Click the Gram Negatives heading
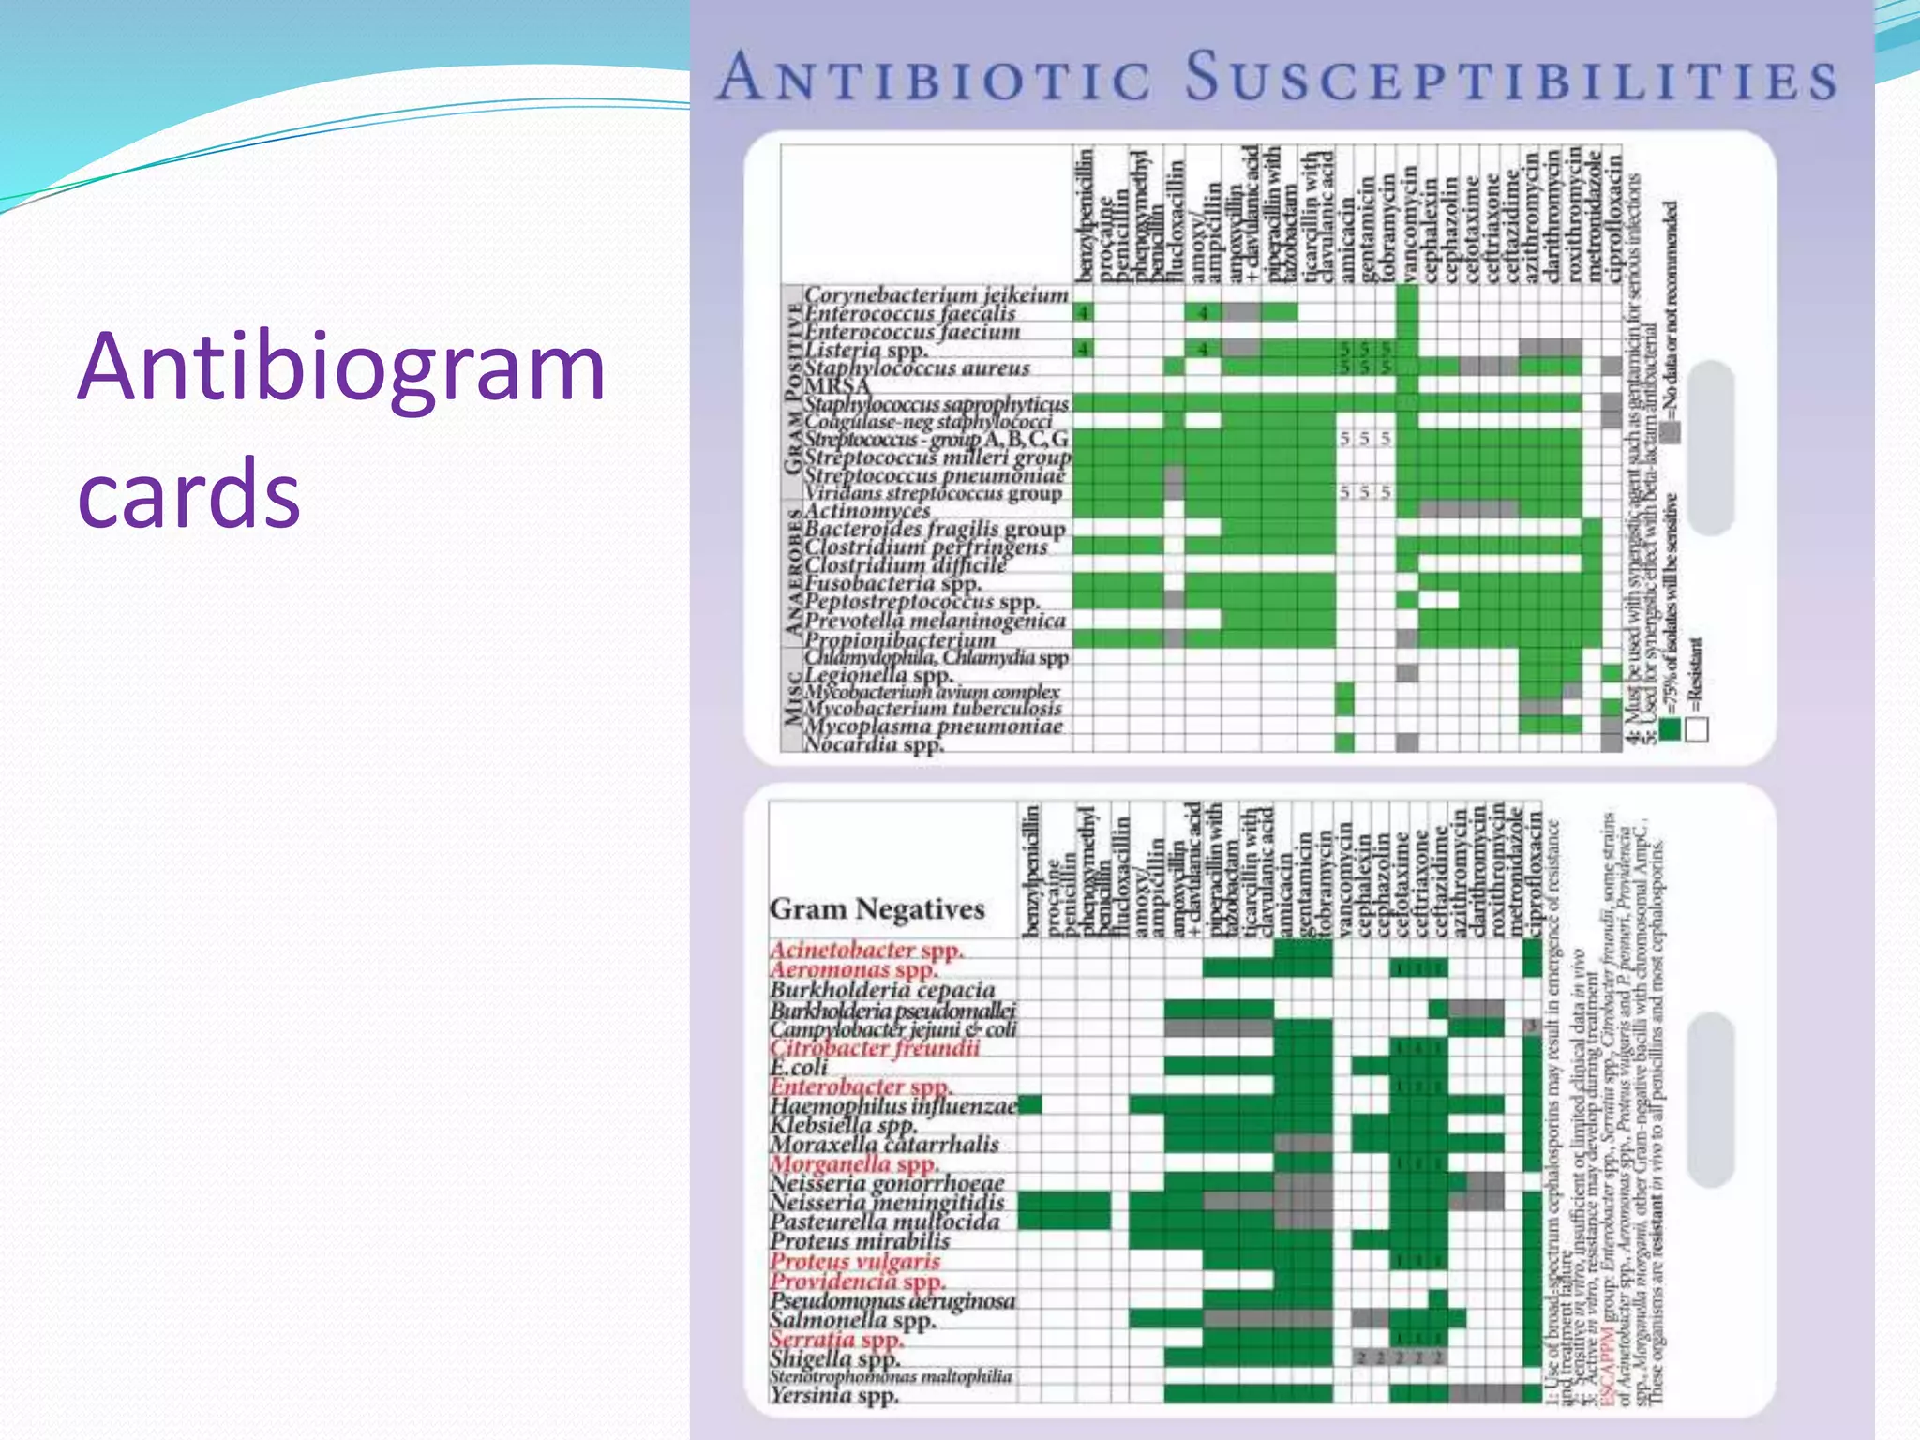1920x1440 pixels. [877, 908]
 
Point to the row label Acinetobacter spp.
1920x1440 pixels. [866, 950]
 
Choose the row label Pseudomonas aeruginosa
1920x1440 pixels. [892, 1300]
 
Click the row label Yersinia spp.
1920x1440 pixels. [834, 1395]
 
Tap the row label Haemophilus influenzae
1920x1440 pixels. [893, 1105]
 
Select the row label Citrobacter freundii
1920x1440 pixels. [875, 1047]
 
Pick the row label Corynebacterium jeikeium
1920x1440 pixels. [936, 294]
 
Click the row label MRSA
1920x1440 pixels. [837, 386]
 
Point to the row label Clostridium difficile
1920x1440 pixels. [905, 565]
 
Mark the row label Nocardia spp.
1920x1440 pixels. [874, 745]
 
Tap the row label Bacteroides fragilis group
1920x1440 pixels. [935, 529]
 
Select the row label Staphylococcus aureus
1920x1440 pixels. [917, 368]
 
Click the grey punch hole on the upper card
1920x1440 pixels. [1711, 448]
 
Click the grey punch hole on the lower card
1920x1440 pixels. [1711, 1099]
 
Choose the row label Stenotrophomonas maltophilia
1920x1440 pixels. [891, 1376]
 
